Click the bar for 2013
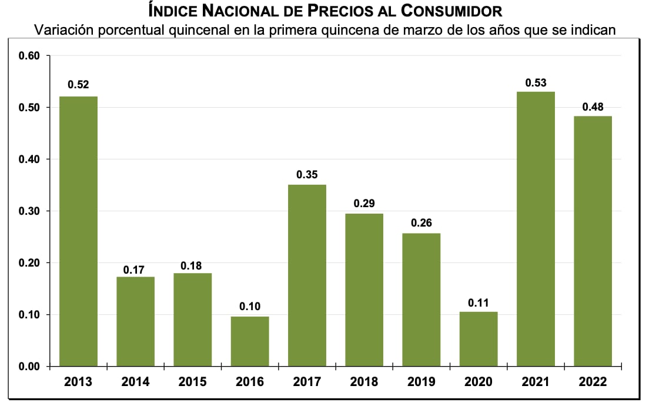click(78, 231)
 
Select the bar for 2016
click(250, 341)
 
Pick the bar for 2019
click(421, 300)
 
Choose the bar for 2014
click(135, 321)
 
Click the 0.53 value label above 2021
click(536, 83)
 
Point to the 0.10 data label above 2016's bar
click(250, 307)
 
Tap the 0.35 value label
click(307, 175)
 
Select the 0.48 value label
click(593, 107)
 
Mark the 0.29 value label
click(364, 204)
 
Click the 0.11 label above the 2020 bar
click(479, 302)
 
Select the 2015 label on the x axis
click(192, 382)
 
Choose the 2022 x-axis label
click(593, 382)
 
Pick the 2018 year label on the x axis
click(364, 382)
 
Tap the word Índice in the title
click(175, 11)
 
